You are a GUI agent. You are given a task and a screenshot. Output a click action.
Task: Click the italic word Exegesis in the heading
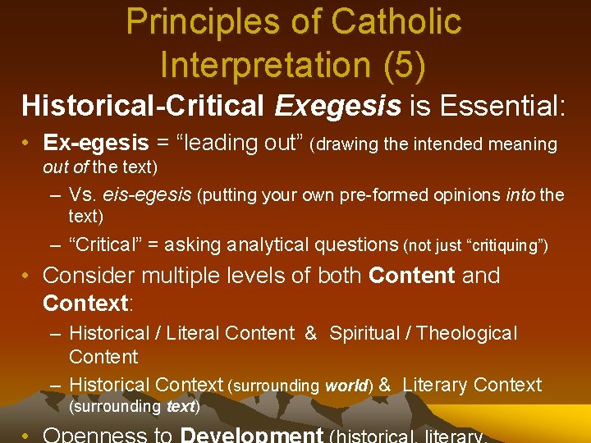pos(337,105)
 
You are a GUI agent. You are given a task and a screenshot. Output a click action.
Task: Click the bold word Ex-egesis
pos(95,143)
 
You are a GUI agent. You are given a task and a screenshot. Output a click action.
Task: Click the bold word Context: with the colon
pos(87,303)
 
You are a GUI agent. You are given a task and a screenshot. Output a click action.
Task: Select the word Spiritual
pos(367,333)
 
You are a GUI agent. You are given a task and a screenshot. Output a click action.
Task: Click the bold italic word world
pos(347,386)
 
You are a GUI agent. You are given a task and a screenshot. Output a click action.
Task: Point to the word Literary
pos(435,384)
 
